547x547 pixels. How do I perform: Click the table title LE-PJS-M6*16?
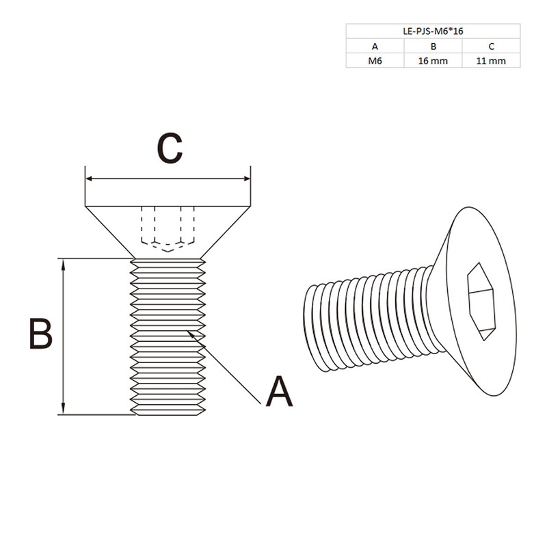coord(432,31)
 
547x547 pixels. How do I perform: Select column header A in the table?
coord(375,46)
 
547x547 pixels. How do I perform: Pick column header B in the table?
coord(433,46)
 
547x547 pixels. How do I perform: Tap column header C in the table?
coord(491,46)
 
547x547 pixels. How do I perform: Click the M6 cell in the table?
coord(375,61)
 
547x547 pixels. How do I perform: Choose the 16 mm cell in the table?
coord(433,61)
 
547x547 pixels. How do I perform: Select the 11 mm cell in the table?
coord(491,61)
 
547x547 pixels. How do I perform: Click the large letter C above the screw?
coord(169,148)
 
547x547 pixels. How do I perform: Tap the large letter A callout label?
coord(279,392)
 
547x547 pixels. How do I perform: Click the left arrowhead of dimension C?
coord(88,180)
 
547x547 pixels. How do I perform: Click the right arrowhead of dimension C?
coord(248,180)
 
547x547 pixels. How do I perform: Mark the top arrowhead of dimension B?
coord(64,263)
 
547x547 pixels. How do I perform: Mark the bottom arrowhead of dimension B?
coord(64,410)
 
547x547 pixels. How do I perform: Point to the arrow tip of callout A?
coord(189,332)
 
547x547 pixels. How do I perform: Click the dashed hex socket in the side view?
coord(168,228)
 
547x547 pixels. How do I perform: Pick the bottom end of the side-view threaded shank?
coord(168,412)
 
